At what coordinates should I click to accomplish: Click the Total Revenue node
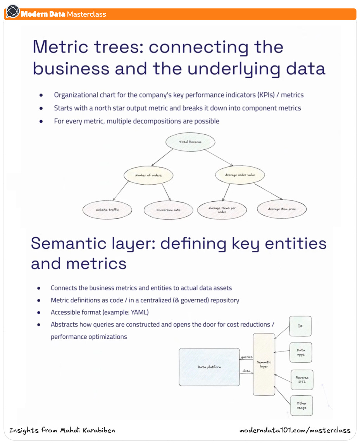click(190, 142)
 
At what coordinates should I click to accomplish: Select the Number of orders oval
click(148, 175)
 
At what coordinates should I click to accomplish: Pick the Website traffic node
click(107, 210)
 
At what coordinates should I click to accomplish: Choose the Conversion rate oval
click(168, 210)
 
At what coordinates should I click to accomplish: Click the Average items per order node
click(222, 210)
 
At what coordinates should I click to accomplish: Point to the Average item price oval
click(282, 209)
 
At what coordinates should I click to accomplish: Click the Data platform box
click(209, 367)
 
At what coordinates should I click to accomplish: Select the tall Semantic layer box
click(264, 364)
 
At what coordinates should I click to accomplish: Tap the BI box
click(300, 326)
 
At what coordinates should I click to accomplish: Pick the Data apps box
click(300, 352)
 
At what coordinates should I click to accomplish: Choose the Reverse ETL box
click(302, 380)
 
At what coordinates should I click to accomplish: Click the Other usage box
click(301, 405)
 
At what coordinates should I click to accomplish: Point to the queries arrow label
click(246, 357)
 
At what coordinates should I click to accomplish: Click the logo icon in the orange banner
click(13, 12)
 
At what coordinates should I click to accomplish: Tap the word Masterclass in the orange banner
click(86, 14)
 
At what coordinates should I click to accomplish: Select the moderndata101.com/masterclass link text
click(295, 430)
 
